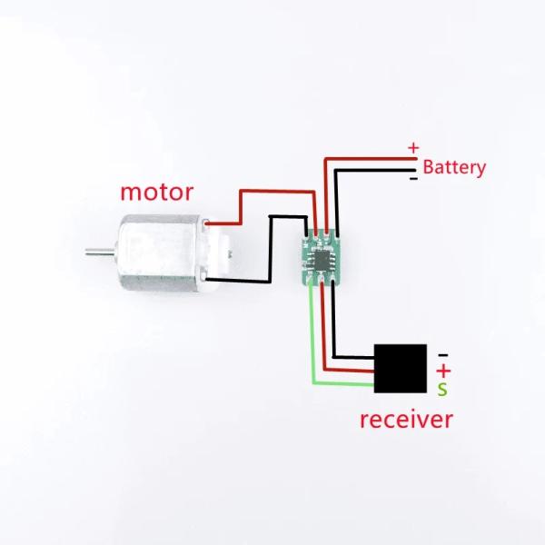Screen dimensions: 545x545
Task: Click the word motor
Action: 157,193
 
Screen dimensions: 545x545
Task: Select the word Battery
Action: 454,167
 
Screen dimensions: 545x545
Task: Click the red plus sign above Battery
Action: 413,147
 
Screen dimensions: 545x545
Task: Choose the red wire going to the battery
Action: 368,158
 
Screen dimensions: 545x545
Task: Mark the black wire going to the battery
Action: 372,169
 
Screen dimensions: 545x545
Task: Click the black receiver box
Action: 401,369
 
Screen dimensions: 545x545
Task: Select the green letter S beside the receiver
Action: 442,390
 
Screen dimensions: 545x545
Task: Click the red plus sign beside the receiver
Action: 443,371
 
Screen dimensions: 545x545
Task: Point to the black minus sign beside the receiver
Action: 443,353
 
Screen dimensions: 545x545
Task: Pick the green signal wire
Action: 313,345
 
